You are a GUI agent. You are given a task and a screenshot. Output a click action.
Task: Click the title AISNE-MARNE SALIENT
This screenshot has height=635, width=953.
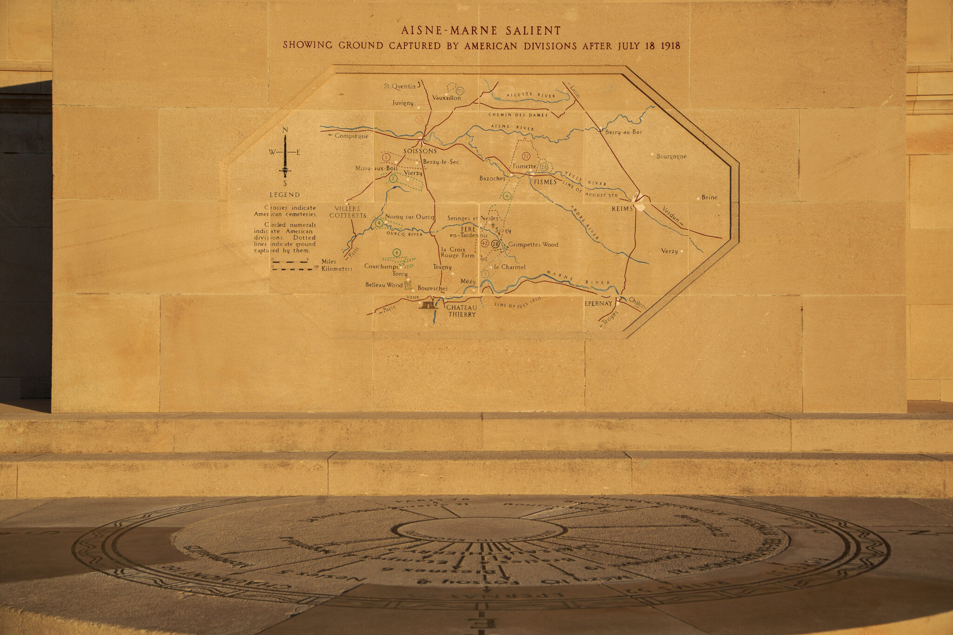[x=481, y=31]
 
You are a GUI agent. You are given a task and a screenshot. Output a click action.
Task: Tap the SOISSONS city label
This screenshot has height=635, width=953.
[x=420, y=151]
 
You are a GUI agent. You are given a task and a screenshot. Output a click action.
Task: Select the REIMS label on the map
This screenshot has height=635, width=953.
[x=622, y=209]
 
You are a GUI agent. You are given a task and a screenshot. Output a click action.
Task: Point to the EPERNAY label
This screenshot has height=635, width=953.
[x=598, y=303]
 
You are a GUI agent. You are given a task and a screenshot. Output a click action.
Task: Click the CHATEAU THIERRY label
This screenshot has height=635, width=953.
[x=462, y=311]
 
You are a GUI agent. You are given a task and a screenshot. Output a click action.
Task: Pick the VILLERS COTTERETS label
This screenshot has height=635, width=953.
[x=348, y=212]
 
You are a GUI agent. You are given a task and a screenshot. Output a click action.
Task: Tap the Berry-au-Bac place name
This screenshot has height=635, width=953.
[x=624, y=132]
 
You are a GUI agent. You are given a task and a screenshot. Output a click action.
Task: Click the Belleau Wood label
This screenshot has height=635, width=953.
[x=383, y=285]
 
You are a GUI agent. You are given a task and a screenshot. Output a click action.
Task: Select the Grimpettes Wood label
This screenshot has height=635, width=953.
[x=533, y=245]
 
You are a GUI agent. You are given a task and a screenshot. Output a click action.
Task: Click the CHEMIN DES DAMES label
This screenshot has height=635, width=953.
[x=518, y=114]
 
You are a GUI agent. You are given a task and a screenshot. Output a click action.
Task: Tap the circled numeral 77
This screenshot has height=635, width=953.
[x=526, y=156]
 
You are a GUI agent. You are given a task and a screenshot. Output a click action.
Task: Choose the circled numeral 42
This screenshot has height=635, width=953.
[x=484, y=243]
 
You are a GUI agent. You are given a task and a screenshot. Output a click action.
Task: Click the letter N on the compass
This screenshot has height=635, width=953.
[x=285, y=129]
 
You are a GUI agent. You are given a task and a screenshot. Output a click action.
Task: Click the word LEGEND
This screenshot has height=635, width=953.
[x=285, y=195]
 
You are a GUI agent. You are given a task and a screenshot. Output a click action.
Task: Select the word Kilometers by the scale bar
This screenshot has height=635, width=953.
[x=336, y=269]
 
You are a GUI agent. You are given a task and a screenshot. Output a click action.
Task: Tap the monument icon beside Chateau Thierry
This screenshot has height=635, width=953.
[x=428, y=305]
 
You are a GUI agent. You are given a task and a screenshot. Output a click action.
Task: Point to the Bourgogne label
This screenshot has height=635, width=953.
[x=671, y=157]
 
